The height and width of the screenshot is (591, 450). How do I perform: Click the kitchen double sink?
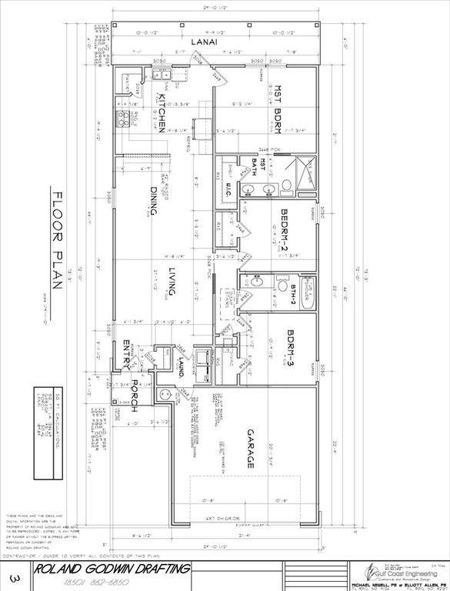coord(159,75)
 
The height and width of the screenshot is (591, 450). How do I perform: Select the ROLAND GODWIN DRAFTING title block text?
coord(112,569)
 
